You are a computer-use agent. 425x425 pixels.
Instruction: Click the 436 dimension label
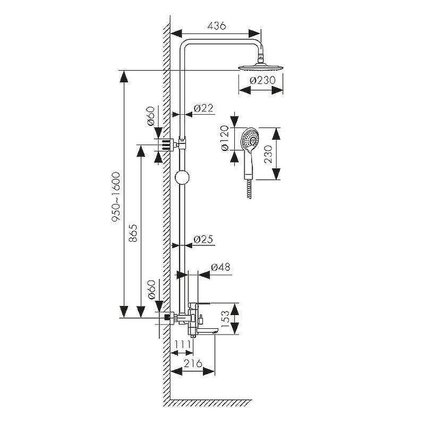(216, 25)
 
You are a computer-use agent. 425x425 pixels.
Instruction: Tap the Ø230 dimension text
(262, 80)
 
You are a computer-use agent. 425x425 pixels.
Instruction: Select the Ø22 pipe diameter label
(203, 108)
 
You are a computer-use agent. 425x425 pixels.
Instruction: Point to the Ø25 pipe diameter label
(203, 239)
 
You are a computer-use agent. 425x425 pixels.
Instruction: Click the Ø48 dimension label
(220, 267)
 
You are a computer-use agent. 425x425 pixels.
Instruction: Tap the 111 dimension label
(182, 344)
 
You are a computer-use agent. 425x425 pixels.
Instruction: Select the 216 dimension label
(193, 363)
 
